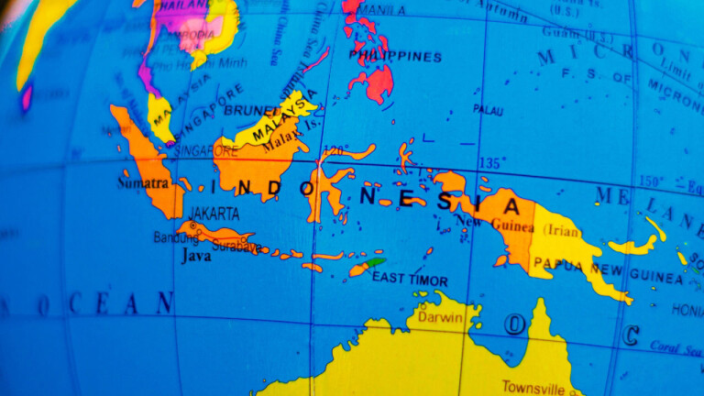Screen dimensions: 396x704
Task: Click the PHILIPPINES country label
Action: [395, 57]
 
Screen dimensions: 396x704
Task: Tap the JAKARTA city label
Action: [214, 214]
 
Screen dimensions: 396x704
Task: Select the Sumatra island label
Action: [137, 182]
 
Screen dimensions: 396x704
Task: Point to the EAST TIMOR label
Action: [410, 280]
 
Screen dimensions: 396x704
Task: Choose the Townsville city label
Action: [533, 386]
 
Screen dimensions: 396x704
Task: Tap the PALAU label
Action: [488, 109]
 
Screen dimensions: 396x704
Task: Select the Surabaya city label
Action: [236, 246]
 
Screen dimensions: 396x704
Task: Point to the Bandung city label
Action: [176, 237]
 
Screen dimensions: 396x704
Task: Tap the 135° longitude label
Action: [491, 163]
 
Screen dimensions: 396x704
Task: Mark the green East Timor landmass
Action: [375, 262]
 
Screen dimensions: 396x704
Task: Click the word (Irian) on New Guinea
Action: [563, 231]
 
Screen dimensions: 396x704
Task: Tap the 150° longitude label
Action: [652, 181]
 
